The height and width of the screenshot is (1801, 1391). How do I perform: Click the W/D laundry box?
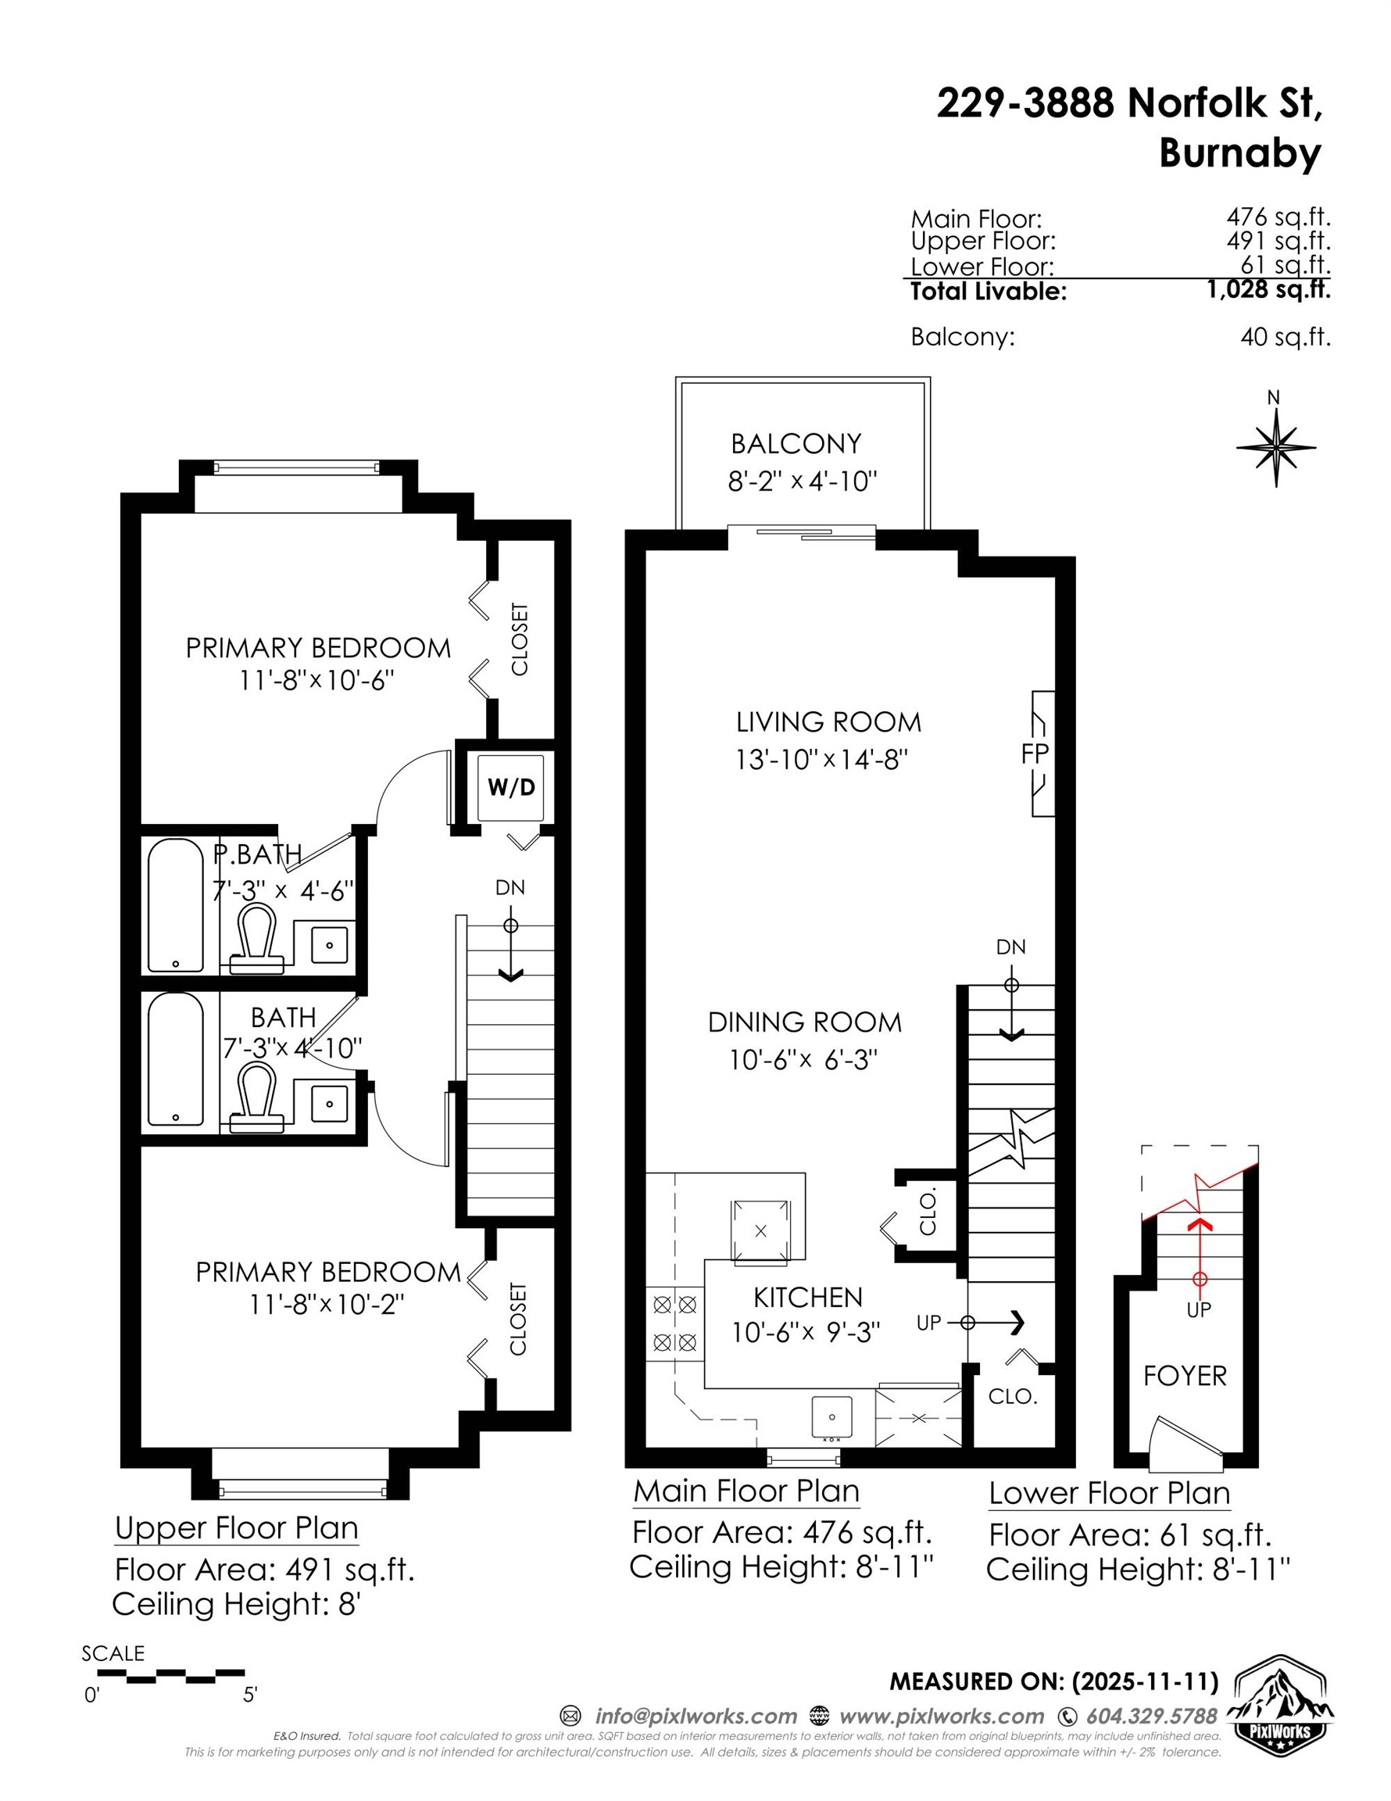[x=511, y=786]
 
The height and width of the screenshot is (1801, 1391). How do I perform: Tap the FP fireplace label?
[x=1035, y=753]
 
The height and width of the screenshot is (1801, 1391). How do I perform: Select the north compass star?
[x=1275, y=448]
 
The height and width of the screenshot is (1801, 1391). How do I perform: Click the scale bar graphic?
[x=170, y=1675]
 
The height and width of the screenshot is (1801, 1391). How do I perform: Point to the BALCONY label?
[x=796, y=444]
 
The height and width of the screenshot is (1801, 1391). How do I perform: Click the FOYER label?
[x=1185, y=1376]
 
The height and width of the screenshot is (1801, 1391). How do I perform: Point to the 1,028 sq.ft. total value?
[x=1268, y=289]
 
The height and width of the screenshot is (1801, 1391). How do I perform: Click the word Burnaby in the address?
[x=1239, y=152]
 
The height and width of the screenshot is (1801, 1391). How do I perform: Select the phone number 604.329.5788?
[x=1151, y=1716]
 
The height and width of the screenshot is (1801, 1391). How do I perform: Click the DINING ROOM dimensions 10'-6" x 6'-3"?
[x=803, y=1060]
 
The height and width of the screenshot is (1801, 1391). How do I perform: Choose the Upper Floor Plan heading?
[x=237, y=1528]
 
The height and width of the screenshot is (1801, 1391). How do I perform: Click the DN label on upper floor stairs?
[x=510, y=887]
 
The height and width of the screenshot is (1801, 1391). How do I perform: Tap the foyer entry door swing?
[x=1187, y=1439]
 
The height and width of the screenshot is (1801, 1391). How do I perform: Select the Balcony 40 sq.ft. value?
[x=1285, y=337]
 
